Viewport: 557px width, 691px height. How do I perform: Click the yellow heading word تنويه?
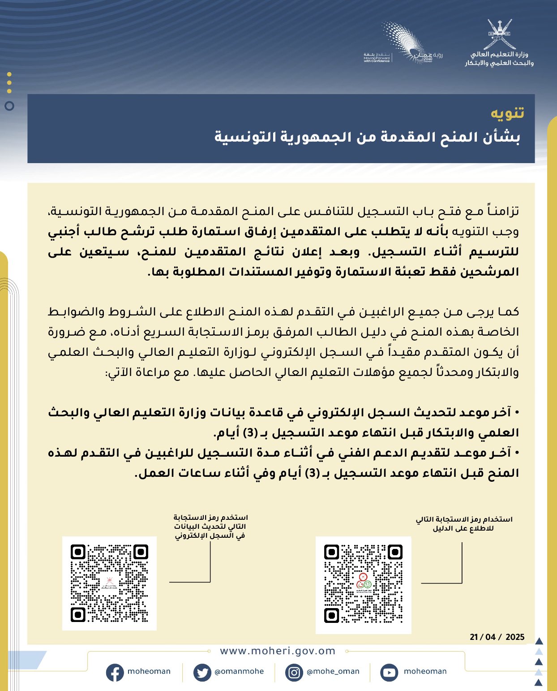(x=507, y=113)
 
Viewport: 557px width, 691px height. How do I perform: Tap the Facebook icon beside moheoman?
(x=115, y=672)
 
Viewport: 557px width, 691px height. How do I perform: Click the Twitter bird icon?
(x=202, y=672)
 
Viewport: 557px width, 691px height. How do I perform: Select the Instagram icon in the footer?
(x=294, y=672)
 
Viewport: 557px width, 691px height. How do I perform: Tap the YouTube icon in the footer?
(x=389, y=672)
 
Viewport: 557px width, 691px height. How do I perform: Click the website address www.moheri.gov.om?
(x=278, y=651)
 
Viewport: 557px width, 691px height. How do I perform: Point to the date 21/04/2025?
(x=497, y=637)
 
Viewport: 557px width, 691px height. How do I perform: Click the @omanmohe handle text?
(x=239, y=671)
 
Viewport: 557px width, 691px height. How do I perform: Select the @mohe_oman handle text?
(x=333, y=671)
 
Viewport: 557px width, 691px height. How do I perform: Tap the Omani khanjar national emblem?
(x=499, y=34)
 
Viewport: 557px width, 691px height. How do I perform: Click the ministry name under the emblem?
(x=499, y=59)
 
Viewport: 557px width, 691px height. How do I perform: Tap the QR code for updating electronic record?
(x=109, y=583)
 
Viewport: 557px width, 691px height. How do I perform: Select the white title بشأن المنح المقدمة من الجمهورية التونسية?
(x=367, y=137)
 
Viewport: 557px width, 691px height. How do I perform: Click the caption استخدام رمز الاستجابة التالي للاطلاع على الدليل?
(x=464, y=524)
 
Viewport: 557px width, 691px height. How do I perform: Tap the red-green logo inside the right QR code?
(x=364, y=582)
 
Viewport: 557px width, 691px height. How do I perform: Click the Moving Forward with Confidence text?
(x=377, y=58)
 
